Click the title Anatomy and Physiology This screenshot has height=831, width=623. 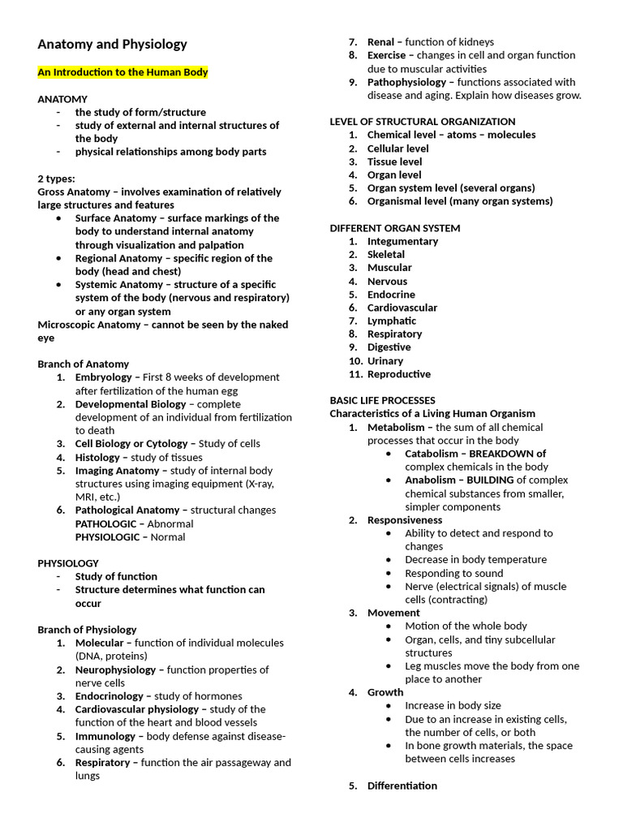point(112,45)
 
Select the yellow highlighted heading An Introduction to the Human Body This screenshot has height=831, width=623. point(122,72)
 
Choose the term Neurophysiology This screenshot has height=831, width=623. point(115,670)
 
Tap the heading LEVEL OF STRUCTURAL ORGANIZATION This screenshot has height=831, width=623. point(422,122)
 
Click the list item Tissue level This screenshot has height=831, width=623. point(394,161)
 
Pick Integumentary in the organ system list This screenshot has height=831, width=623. point(402,241)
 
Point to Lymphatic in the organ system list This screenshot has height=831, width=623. point(392,321)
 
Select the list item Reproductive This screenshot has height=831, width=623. point(399,374)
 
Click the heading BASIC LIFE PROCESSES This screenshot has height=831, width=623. point(382,400)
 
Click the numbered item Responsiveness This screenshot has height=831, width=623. point(405,520)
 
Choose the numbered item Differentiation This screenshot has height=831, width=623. point(402,786)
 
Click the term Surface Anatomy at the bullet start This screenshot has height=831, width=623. point(115,218)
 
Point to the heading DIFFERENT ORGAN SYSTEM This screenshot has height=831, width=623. point(394,228)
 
